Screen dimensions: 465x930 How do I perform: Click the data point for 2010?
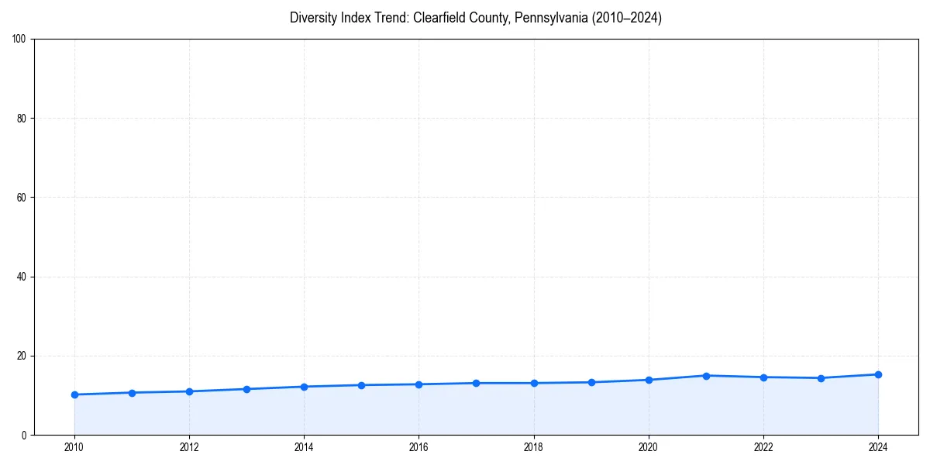point(74,394)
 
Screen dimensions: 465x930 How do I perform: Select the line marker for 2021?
point(706,376)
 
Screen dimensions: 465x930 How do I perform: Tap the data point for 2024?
point(878,374)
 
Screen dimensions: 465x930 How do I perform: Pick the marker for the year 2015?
point(361,385)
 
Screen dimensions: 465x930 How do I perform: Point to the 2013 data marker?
point(246,389)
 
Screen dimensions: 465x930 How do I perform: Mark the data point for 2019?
point(591,382)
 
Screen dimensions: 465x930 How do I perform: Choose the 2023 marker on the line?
point(821,378)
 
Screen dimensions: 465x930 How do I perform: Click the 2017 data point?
point(476,383)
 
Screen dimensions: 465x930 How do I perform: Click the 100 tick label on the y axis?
point(20,40)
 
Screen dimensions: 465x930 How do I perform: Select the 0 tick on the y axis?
point(25,435)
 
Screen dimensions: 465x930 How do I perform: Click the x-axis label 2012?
point(189,446)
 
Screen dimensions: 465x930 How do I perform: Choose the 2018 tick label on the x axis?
point(533,446)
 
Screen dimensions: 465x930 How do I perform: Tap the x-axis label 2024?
point(878,446)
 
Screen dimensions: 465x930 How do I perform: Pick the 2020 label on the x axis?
point(649,446)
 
